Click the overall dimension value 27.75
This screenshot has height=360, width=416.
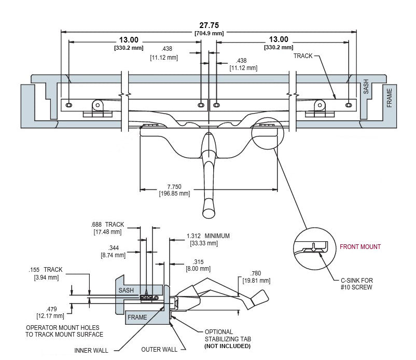[209, 25]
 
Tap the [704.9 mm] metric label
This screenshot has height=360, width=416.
[209, 34]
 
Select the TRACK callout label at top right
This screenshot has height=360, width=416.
[303, 56]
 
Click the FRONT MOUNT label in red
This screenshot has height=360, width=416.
[360, 247]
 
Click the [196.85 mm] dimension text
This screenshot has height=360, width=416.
[174, 193]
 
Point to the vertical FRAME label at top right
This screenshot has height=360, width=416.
[389, 97]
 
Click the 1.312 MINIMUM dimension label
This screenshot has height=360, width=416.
[208, 236]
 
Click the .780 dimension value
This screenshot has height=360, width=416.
[256, 274]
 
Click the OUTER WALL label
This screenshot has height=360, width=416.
[159, 350]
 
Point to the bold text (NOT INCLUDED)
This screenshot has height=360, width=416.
[227, 346]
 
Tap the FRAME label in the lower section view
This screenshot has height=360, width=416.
[137, 317]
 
